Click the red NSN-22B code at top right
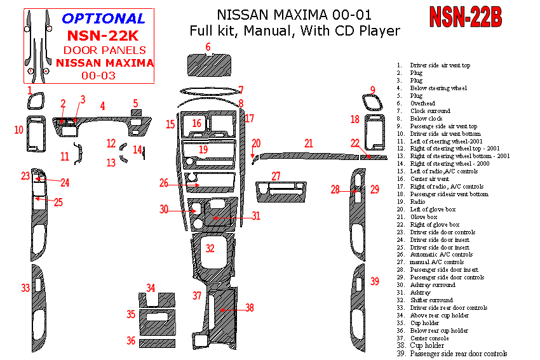466,18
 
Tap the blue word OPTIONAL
104,18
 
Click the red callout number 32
210,248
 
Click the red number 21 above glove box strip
309,143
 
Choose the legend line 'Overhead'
422,103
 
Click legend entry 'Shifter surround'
431,300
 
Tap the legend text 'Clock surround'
430,111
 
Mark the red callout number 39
375,281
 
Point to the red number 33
25,288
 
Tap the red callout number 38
250,307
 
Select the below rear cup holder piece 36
157,342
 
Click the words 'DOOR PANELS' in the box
105,50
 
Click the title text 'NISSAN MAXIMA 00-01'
294,14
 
